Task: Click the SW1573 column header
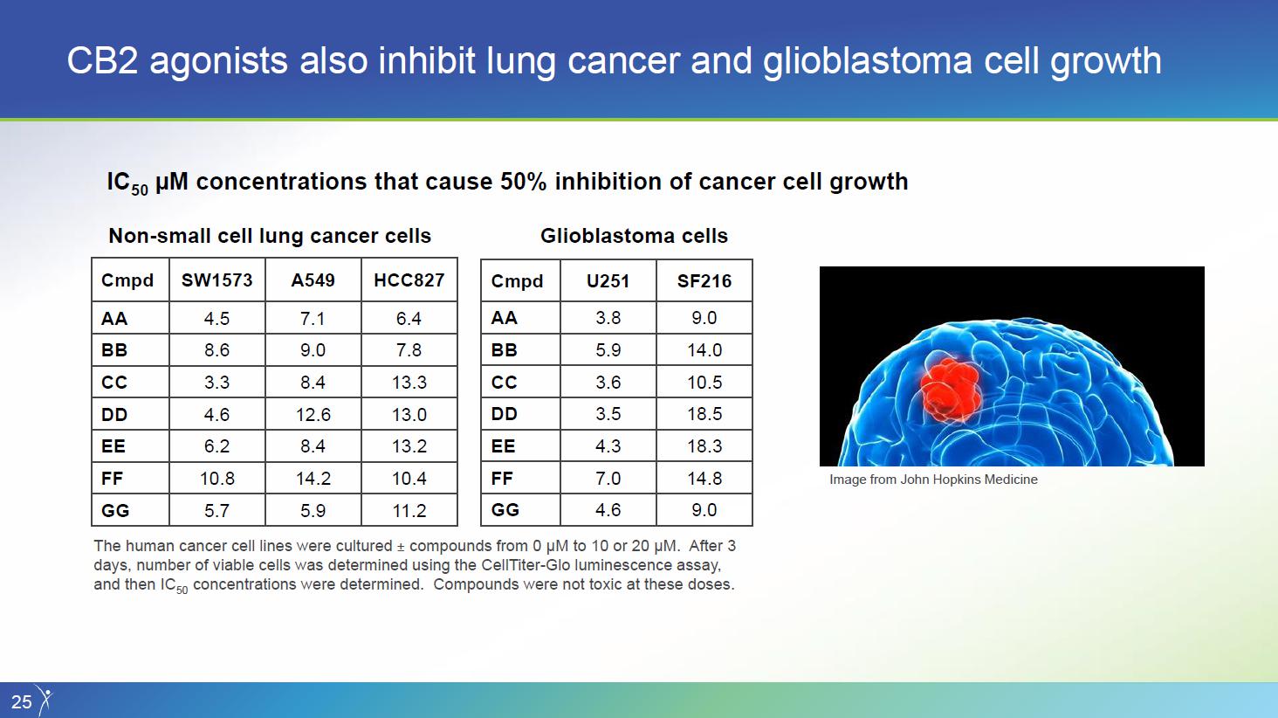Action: pyautogui.click(x=216, y=280)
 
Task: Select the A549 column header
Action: pyautogui.click(x=313, y=280)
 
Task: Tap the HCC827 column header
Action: pyautogui.click(x=409, y=280)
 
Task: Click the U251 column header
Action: pyautogui.click(x=608, y=280)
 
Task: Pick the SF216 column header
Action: pyautogui.click(x=704, y=280)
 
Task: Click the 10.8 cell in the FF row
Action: pyautogui.click(x=216, y=479)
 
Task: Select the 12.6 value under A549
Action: pyautogui.click(x=313, y=414)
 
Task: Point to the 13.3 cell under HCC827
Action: pyautogui.click(x=409, y=382)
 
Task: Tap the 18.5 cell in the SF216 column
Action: pyautogui.click(x=704, y=414)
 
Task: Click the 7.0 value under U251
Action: pyautogui.click(x=608, y=478)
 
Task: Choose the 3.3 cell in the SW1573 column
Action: pyautogui.click(x=216, y=382)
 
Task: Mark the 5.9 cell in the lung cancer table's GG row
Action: pyautogui.click(x=313, y=510)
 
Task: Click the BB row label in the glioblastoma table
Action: pyautogui.click(x=504, y=350)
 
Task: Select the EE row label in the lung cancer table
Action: pyautogui.click(x=113, y=445)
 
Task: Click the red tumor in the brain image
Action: pyautogui.click(x=951, y=390)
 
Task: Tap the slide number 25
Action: pyautogui.click(x=21, y=702)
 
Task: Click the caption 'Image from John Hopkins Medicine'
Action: pyautogui.click(x=933, y=480)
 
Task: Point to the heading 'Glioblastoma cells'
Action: pyautogui.click(x=634, y=236)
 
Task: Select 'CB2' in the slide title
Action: pyautogui.click(x=102, y=60)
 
